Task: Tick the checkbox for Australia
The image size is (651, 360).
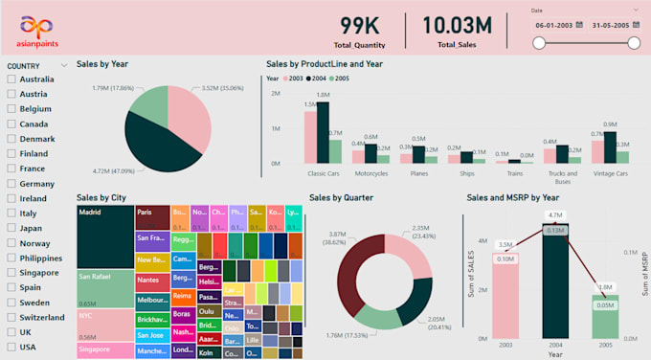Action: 11,79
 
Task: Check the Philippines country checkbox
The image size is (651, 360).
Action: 11,258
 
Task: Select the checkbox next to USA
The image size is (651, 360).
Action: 11,347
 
